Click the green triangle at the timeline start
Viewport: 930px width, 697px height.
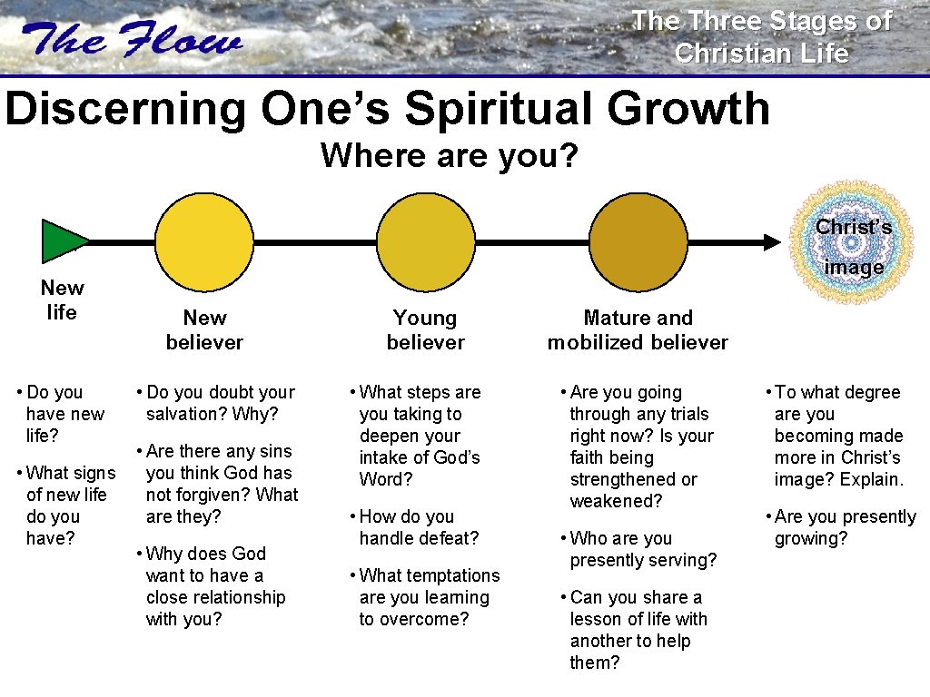62,241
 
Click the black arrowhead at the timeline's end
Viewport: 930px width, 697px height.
771,241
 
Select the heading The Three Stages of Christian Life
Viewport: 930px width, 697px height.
761,36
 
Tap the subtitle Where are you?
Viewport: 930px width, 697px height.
449,155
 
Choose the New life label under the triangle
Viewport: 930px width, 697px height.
62,300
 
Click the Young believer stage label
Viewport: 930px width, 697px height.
425,329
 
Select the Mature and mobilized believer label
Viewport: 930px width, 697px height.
638,329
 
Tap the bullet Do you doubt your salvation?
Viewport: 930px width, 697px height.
216,403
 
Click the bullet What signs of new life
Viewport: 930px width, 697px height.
69,506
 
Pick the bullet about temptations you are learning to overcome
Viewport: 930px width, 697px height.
425,597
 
